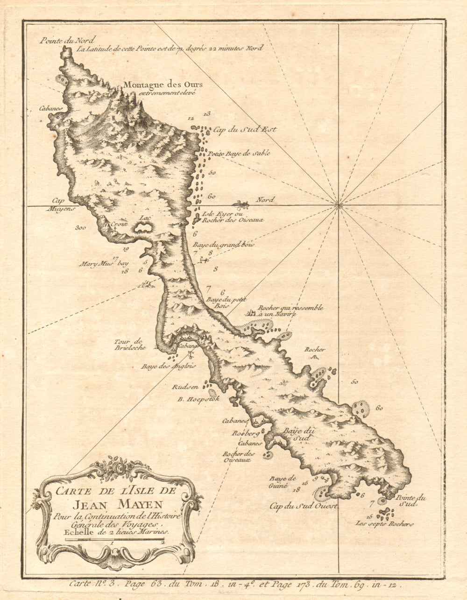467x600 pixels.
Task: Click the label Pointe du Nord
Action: [61, 40]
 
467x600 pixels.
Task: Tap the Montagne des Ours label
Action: [163, 85]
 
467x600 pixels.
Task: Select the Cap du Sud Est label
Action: [245, 129]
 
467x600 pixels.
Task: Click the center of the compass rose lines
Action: [338, 205]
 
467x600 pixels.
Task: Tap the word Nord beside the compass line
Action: [265, 200]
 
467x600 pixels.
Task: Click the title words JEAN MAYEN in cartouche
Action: [117, 504]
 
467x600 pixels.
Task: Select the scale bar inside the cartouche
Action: [114, 540]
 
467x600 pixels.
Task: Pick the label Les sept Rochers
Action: [384, 524]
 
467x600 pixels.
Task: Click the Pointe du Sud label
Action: [411, 501]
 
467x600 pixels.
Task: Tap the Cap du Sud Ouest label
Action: [304, 506]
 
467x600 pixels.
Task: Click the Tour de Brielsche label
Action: [130, 345]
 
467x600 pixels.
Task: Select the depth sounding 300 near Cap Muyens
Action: [81, 228]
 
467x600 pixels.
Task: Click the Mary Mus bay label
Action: [103, 263]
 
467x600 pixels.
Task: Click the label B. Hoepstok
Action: [198, 399]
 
